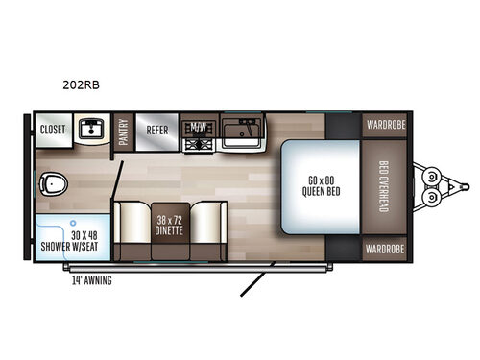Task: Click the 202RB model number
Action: (x=84, y=84)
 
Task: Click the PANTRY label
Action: (x=124, y=135)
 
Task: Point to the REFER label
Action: (x=156, y=129)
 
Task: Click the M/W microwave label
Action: (x=199, y=127)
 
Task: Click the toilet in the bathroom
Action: (x=51, y=182)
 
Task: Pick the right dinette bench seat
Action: (x=209, y=228)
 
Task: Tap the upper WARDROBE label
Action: (x=386, y=124)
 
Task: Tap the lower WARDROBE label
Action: (x=386, y=248)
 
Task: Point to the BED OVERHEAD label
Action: (x=383, y=186)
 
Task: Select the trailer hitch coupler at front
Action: (x=437, y=185)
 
